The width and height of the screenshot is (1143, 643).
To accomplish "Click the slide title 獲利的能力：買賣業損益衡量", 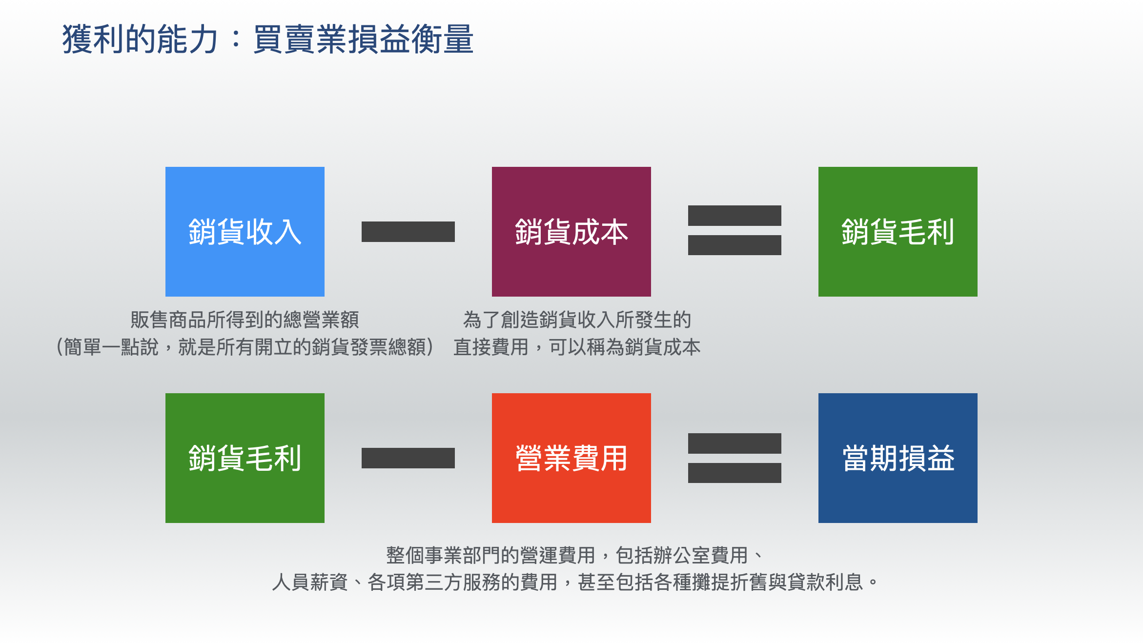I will tap(267, 39).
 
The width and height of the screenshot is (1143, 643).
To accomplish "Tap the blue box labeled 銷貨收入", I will tap(245, 231).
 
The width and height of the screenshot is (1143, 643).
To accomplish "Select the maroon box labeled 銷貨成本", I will tap(571, 231).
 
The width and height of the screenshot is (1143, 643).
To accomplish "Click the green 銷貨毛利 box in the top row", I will tap(898, 231).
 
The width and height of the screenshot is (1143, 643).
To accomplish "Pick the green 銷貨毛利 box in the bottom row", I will tap(245, 458).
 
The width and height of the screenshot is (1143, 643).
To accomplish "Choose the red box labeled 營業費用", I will tap(571, 458).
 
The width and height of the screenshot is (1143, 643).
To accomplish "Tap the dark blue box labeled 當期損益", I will tap(898, 458).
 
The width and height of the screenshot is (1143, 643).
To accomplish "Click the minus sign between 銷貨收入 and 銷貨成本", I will tap(408, 231).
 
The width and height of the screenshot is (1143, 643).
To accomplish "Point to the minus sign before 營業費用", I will tap(408, 458).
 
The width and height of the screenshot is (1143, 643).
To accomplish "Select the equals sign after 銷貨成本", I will tap(735, 230).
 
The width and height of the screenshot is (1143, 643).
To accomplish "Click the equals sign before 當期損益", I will tap(735, 458).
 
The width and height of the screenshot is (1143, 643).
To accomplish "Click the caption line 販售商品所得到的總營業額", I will tap(245, 320).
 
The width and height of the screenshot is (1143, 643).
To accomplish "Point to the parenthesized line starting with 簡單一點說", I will tap(245, 347).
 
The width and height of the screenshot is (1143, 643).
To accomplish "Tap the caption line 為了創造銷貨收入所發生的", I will tap(577, 320).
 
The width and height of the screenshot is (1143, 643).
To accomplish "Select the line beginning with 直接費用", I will tap(577, 347).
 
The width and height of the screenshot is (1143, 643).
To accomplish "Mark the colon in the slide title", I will tap(236, 39).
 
